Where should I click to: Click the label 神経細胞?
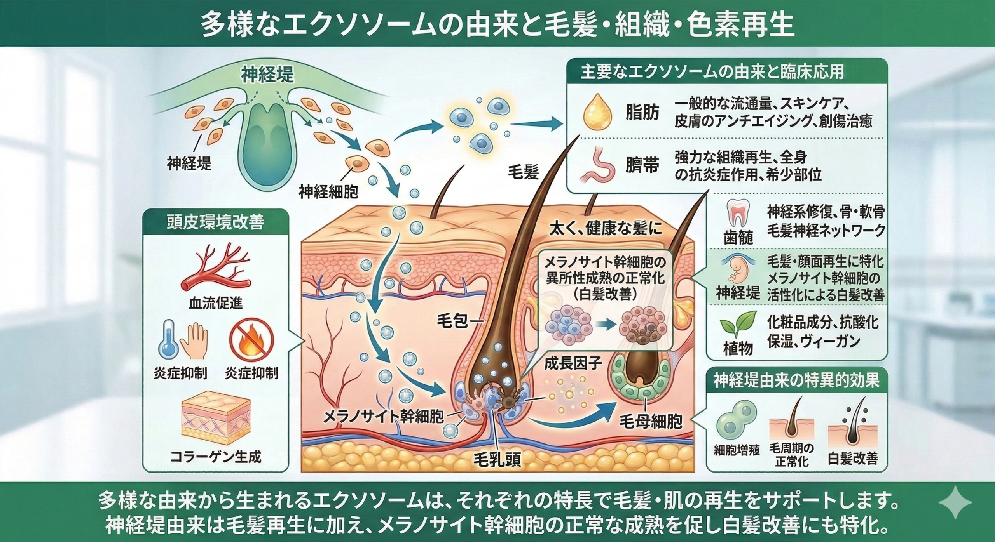[x=328, y=192]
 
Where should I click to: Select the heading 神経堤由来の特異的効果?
[x=796, y=381]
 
